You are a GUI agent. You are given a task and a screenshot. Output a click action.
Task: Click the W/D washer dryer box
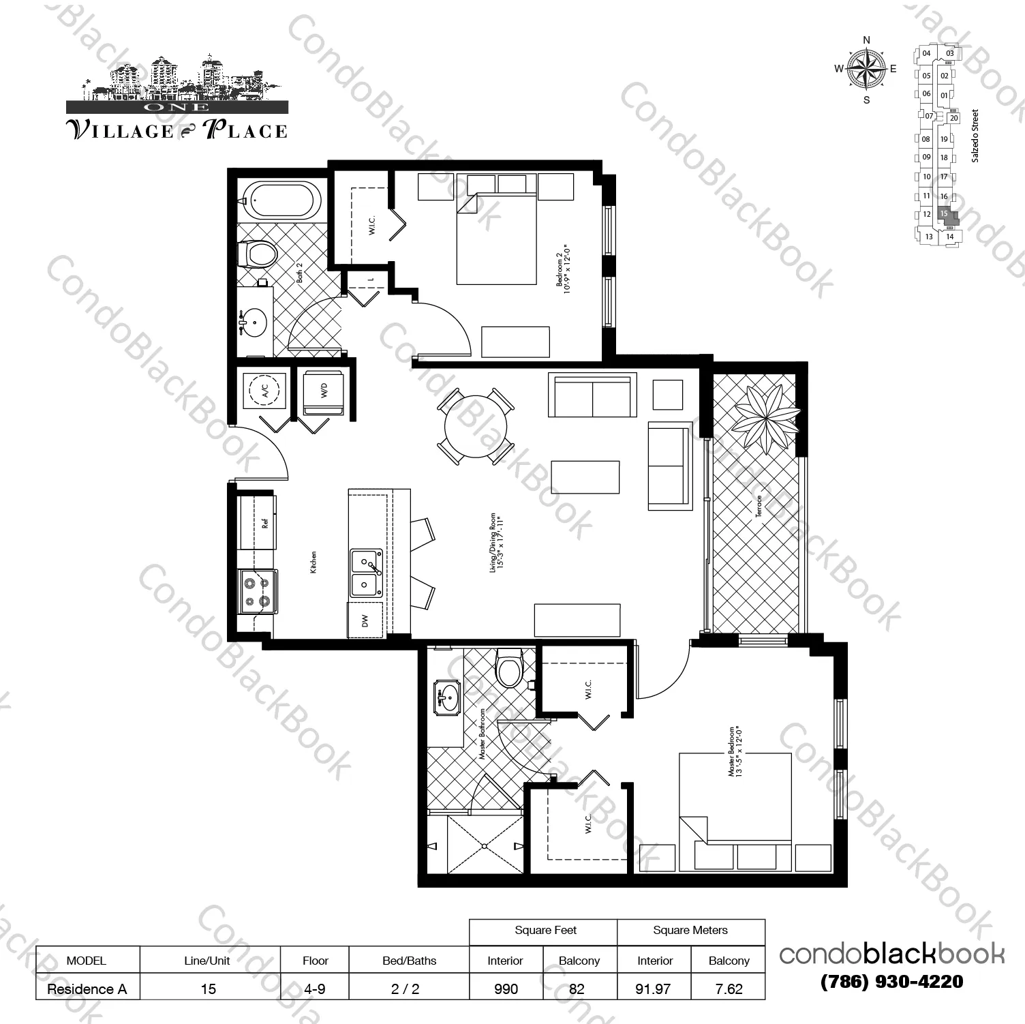coord(324,391)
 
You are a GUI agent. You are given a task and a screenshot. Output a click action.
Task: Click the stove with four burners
coord(257,592)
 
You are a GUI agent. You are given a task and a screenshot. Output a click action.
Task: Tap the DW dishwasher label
coord(365,620)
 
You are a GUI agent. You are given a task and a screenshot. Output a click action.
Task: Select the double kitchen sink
coord(366,574)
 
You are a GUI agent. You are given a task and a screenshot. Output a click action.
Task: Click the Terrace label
coord(759,505)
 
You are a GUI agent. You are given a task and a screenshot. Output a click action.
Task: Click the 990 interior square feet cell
coord(506,989)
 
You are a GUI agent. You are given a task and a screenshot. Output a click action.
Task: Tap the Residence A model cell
coord(87,989)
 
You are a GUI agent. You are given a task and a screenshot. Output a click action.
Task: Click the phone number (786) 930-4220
coord(891,981)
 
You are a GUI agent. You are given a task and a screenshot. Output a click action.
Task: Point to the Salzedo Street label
coord(975,136)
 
